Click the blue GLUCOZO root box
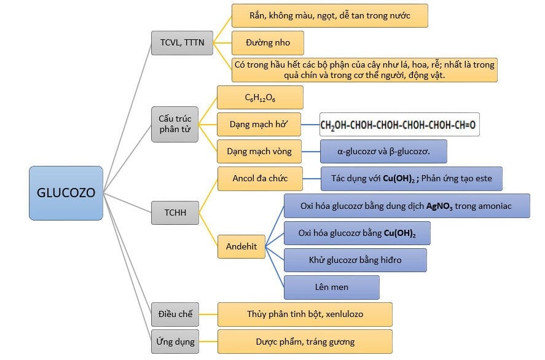coord(66,193)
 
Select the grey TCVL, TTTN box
coord(182,42)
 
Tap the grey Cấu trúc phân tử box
coord(174,124)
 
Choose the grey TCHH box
coord(175,213)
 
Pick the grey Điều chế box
coord(176,314)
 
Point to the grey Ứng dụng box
coord(176,342)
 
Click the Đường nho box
coord(267,43)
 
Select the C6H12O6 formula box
coord(260,98)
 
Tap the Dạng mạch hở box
coord(260,125)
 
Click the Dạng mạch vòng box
coord(261,151)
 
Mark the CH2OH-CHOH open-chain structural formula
coord(398,125)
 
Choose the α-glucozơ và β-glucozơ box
coord(383,151)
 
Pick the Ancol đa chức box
coord(260,179)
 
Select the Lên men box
coord(331,287)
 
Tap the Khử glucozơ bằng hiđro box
coord(355,260)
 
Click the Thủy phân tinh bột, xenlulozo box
coord(305,314)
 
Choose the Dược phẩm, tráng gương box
coord(305,342)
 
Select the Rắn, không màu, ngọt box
coord(329,15)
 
